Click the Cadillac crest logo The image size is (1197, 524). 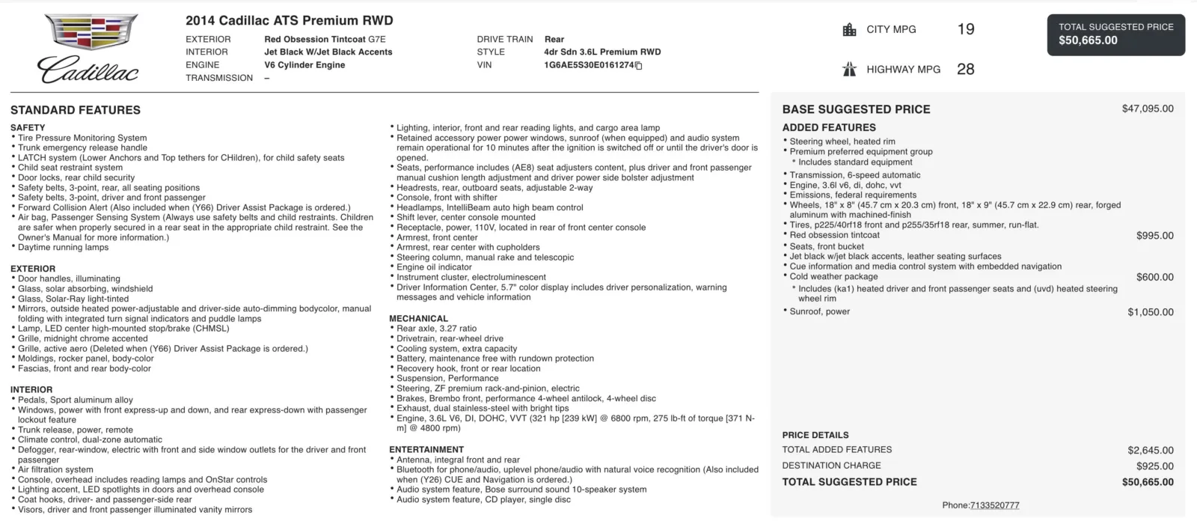click(x=91, y=32)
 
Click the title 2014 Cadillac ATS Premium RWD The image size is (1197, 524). click(x=289, y=21)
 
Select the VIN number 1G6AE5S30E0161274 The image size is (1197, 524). click(x=589, y=65)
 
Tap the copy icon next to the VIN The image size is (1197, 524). click(x=639, y=66)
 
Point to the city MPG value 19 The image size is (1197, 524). click(x=966, y=29)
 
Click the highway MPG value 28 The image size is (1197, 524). click(x=966, y=69)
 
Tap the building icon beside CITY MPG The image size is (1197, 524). click(x=849, y=30)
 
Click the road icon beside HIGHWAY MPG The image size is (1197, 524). click(x=849, y=70)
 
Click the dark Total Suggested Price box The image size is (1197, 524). click(x=1115, y=34)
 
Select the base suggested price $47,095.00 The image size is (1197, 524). click(x=1148, y=109)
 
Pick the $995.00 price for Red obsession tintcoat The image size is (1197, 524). click(x=1154, y=236)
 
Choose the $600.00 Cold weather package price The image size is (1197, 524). click(x=1154, y=277)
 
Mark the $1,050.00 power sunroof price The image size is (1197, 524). click(x=1151, y=312)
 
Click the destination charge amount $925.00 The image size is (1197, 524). click(x=1154, y=466)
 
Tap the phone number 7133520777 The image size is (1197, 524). click(x=994, y=505)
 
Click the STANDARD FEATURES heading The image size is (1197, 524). click(x=76, y=110)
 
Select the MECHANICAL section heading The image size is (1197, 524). click(x=418, y=318)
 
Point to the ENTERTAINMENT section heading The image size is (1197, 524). click(x=426, y=450)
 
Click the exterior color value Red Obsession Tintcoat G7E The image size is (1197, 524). click(x=325, y=40)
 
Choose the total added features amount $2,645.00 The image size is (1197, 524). click(x=1151, y=451)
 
